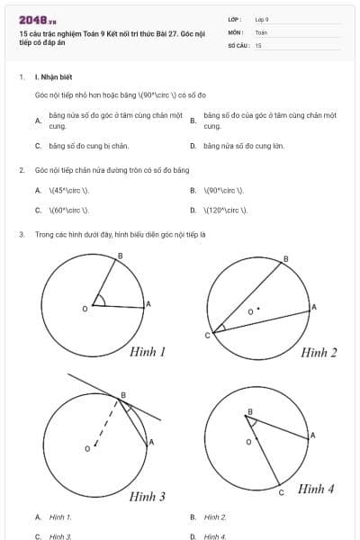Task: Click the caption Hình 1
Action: [148, 352]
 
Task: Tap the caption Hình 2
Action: [319, 352]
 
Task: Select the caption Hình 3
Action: [148, 496]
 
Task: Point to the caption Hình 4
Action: [317, 489]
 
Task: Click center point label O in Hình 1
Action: [85, 309]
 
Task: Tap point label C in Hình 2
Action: [207, 336]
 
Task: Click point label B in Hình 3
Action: [123, 394]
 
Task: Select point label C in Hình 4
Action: [281, 493]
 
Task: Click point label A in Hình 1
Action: [148, 304]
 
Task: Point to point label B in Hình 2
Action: [286, 259]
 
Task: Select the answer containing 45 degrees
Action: [68, 190]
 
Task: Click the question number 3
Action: [21, 234]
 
